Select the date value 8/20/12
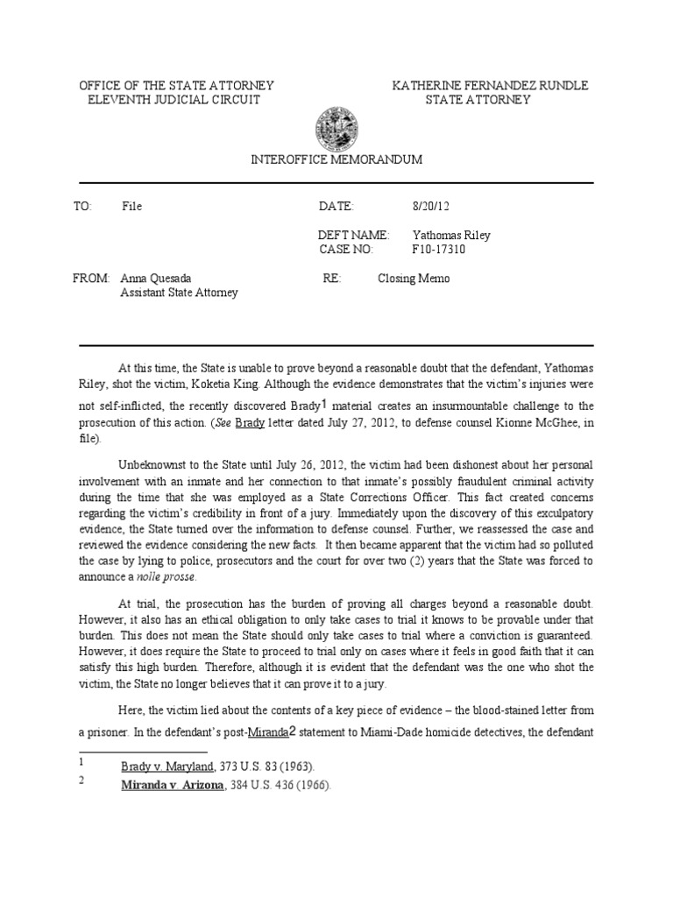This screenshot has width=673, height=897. click(429, 207)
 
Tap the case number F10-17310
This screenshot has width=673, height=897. click(439, 250)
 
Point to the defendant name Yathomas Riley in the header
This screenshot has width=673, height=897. click(452, 236)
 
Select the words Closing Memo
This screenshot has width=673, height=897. click(413, 279)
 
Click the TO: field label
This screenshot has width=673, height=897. click(83, 207)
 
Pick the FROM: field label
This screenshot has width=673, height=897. click(91, 279)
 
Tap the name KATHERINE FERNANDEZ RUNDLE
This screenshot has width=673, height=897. click(490, 85)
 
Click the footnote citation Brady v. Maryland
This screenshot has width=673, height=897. click(173, 766)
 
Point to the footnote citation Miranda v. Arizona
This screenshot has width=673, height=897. click(172, 785)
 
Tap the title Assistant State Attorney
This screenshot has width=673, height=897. click(179, 293)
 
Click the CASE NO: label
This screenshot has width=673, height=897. click(347, 250)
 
